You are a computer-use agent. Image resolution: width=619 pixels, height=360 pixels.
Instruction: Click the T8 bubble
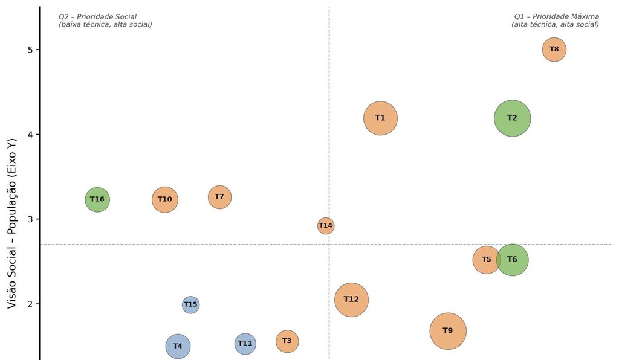coord(554,50)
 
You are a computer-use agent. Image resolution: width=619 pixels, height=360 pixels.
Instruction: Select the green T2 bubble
coord(512,118)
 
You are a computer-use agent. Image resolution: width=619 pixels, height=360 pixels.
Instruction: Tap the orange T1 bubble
coord(380,118)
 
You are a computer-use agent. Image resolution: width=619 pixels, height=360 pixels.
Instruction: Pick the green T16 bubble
coord(97,199)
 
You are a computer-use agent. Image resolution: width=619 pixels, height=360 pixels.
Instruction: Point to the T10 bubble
coord(165,199)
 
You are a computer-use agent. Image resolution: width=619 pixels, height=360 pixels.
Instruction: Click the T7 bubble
coord(219,197)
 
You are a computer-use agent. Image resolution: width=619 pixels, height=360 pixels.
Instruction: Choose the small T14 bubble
coord(326,226)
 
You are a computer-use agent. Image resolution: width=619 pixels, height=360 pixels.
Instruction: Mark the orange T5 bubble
coord(487,260)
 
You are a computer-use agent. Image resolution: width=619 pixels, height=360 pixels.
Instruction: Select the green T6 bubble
coord(512,260)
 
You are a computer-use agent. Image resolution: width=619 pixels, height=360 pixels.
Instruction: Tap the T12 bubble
coord(351,300)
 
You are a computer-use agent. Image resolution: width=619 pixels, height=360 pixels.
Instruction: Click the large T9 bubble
coord(448,331)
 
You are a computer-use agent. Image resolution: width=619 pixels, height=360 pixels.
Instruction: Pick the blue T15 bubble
coord(190,305)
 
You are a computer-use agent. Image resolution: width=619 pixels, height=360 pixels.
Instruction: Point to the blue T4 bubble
coord(178,346)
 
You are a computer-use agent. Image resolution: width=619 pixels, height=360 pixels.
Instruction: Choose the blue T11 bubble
coord(245,344)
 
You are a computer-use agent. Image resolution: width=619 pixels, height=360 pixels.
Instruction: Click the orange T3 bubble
coord(287,341)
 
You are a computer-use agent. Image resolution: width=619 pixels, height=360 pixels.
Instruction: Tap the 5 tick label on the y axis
coord(31,50)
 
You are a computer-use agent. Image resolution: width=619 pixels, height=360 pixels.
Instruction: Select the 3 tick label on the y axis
coord(31,219)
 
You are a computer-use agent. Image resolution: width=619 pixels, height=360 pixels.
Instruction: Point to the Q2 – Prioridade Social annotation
coord(97,17)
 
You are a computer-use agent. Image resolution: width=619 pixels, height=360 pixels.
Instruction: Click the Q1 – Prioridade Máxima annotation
coord(556,17)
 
